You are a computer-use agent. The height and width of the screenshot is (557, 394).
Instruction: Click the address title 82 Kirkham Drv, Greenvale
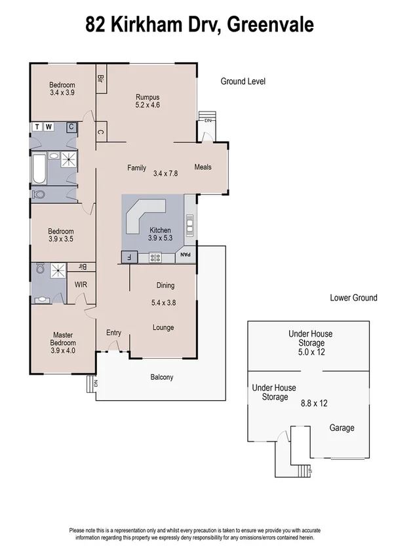pyautogui.click(x=200, y=25)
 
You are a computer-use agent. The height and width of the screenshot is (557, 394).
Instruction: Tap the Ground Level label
pyautogui.click(x=243, y=81)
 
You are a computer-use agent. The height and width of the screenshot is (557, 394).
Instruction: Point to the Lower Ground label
pyautogui.click(x=353, y=298)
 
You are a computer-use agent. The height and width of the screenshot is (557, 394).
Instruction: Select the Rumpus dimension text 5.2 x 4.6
pyautogui.click(x=148, y=105)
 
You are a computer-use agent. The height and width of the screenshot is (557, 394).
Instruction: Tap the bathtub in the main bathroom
pyautogui.click(x=39, y=169)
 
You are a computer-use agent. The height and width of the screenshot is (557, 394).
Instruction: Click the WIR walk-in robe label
pyautogui.click(x=81, y=285)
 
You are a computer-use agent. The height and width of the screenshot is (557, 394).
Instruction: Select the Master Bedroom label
pyautogui.click(x=64, y=339)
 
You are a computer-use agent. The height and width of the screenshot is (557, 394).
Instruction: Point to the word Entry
pyautogui.click(x=113, y=333)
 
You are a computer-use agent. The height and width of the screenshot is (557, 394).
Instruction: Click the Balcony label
pyautogui.click(x=162, y=377)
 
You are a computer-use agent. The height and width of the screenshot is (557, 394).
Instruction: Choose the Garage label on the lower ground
pyautogui.click(x=342, y=428)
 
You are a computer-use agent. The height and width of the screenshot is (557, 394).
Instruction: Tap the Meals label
pyautogui.click(x=203, y=167)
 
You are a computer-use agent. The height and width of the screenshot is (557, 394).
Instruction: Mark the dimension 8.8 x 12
pyautogui.click(x=315, y=403)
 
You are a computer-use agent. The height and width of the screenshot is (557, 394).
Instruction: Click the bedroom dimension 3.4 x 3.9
pyautogui.click(x=63, y=93)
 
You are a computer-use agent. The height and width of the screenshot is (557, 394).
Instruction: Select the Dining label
pyautogui.click(x=165, y=285)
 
